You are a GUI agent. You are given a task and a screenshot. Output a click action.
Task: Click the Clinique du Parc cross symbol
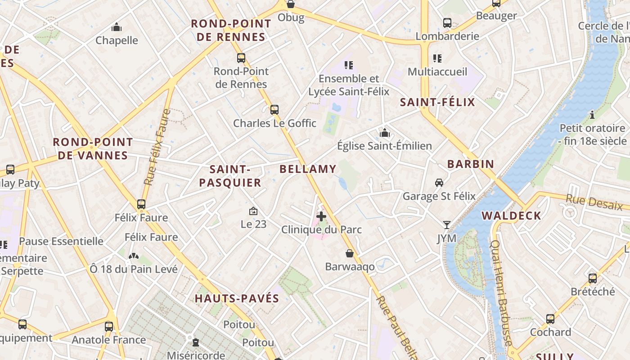point(321,216)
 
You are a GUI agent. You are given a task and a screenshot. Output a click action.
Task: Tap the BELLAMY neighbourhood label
point(308,169)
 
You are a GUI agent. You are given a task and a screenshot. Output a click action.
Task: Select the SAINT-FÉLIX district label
point(437,102)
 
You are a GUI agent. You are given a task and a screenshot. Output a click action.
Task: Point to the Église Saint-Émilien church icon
point(384,133)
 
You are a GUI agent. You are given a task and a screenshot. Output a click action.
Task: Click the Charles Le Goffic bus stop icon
point(274,110)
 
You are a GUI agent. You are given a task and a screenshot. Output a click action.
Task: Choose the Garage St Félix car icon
point(439,183)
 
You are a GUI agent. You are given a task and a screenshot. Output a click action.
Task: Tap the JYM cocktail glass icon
point(446,225)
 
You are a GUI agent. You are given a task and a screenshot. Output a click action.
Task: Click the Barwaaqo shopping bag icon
point(350,253)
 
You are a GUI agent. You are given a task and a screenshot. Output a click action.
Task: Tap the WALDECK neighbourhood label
point(511,216)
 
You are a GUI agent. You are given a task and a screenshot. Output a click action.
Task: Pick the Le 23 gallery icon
point(253,211)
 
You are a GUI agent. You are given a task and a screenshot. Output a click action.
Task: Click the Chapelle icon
point(117,27)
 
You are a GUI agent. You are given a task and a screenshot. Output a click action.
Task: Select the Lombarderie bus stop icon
point(447,22)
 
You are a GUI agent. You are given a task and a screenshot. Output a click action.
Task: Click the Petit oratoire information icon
point(592,115)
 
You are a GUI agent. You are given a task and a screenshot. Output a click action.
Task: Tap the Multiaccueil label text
point(437,72)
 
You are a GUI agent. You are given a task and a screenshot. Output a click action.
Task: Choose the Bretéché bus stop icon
point(593,278)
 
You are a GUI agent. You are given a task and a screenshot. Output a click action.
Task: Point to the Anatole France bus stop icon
point(109,327)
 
